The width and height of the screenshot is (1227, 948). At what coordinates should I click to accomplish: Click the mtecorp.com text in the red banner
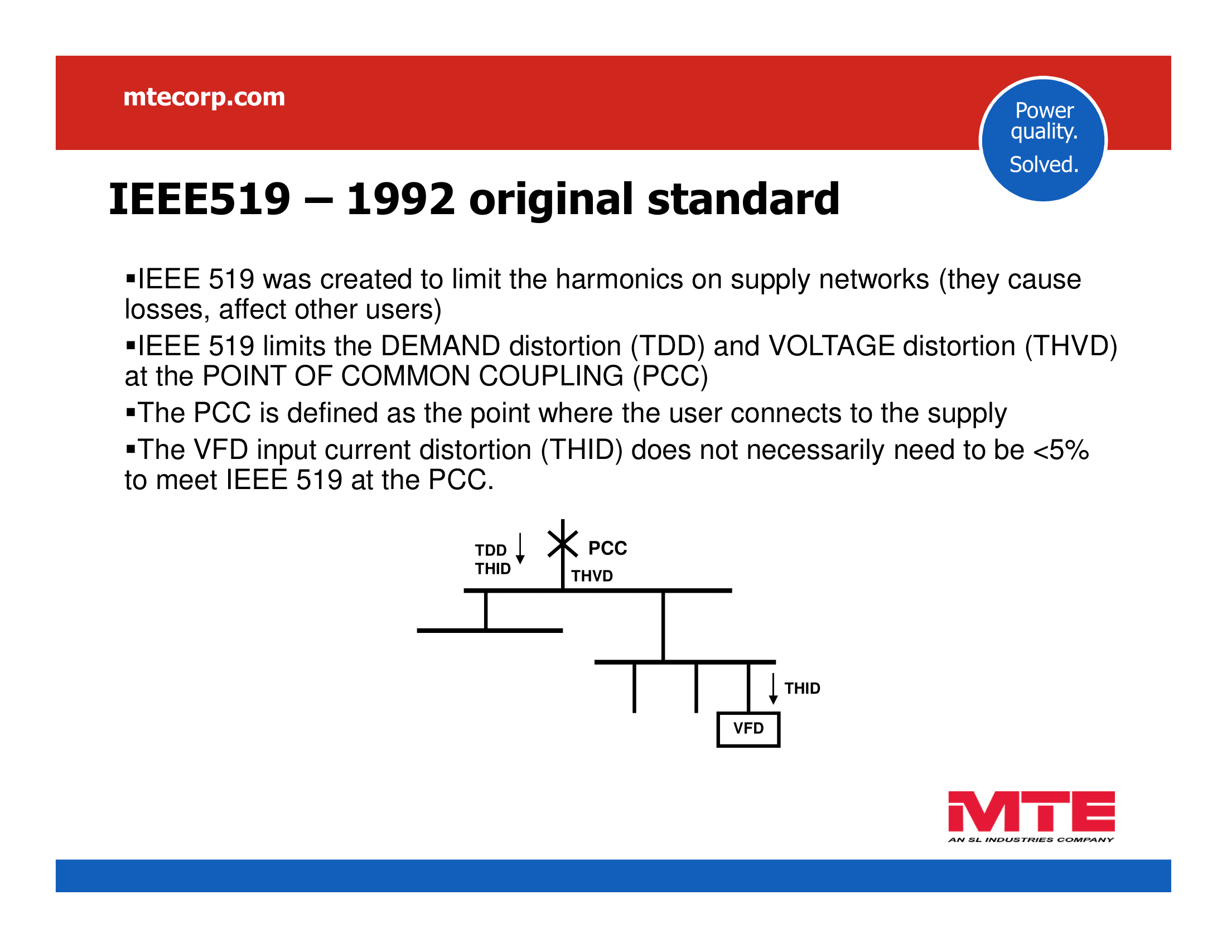[x=204, y=98]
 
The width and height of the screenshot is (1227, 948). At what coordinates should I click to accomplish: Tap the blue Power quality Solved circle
[x=1044, y=139]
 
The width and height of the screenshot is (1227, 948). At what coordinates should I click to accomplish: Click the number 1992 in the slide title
[x=400, y=199]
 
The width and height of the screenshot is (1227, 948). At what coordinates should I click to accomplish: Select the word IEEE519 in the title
[x=200, y=199]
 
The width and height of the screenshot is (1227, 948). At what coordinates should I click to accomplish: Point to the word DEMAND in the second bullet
[x=441, y=346]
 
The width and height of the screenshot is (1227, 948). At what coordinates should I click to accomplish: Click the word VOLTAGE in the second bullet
[x=832, y=346]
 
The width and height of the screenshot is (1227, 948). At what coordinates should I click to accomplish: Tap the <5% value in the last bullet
[x=1061, y=450]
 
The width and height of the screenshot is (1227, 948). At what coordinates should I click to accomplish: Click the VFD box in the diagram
[x=748, y=729]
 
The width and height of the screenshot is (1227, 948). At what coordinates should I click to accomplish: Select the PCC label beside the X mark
[x=607, y=548]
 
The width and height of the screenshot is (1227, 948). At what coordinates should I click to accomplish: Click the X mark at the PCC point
[x=562, y=544]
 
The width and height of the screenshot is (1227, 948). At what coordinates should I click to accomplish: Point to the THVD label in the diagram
[x=592, y=575]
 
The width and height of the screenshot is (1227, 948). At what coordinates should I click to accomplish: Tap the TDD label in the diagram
[x=490, y=550]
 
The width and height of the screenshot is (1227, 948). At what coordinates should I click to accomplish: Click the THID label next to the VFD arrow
[x=802, y=688]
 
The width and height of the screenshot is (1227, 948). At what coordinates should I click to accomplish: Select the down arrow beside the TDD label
[x=520, y=549]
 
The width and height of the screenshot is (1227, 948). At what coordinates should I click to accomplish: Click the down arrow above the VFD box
[x=773, y=689]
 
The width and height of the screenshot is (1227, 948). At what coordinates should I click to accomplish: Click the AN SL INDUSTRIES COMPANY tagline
[x=1031, y=840]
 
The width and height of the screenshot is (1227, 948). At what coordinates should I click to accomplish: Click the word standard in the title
[x=743, y=199]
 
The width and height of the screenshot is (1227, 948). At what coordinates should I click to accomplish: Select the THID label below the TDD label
[x=492, y=569]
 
